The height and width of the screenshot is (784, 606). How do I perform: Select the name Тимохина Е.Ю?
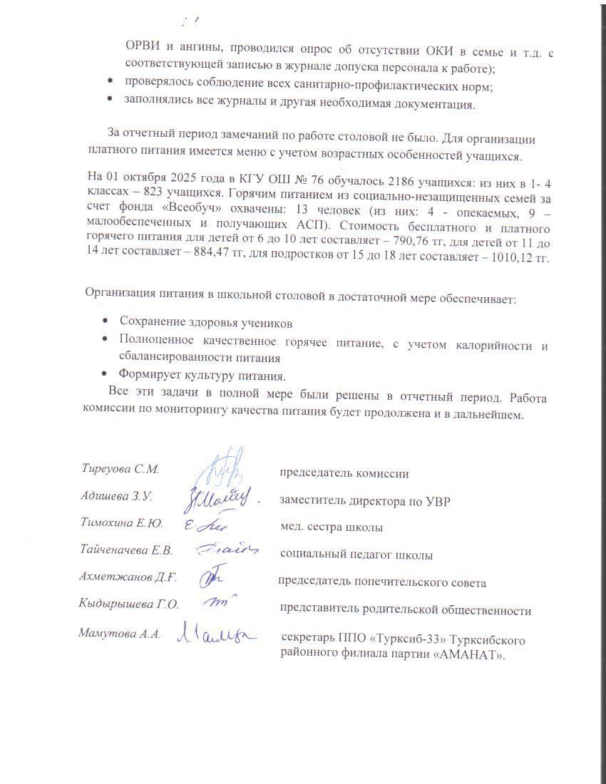[122, 524]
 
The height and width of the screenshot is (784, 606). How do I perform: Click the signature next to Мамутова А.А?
[216, 631]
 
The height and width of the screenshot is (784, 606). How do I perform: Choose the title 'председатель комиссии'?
[344, 473]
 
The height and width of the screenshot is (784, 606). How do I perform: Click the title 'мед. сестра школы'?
[332, 528]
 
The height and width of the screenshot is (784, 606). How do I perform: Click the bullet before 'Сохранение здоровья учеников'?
[106, 322]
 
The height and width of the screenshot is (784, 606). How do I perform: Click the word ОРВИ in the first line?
[140, 47]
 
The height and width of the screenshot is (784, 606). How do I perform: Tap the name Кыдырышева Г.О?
[128, 604]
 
